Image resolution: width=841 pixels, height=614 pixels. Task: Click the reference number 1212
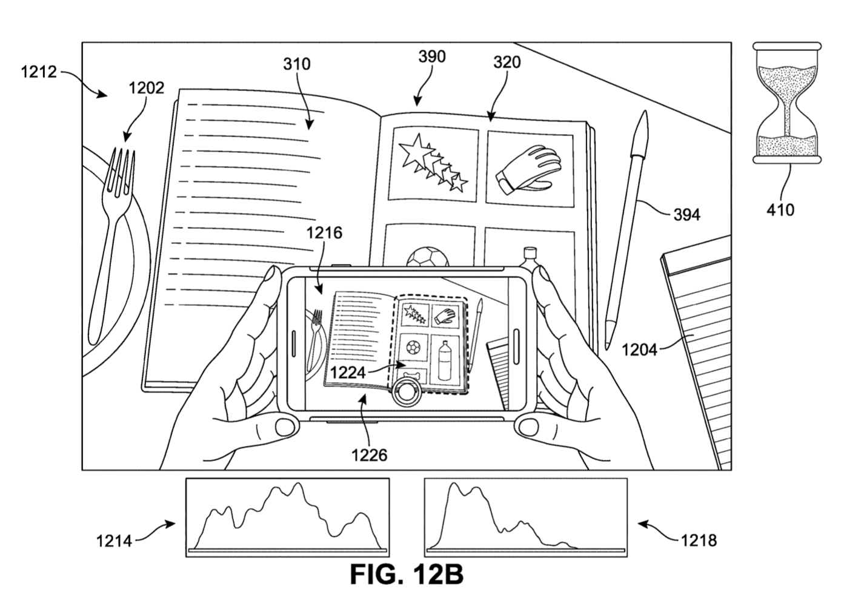pos(39,72)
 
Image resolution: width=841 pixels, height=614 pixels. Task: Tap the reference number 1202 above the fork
pos(147,88)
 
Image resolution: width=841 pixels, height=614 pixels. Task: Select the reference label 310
pos(297,64)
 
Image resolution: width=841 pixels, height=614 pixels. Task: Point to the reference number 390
pos(432,56)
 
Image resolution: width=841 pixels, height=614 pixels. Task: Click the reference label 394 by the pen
pos(686,215)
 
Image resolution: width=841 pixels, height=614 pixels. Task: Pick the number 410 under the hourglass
pos(780,210)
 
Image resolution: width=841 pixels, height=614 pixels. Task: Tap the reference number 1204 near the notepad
pos(640,349)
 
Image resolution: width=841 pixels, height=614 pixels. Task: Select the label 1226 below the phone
pos(369,455)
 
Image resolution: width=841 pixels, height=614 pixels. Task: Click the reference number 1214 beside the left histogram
pos(114,541)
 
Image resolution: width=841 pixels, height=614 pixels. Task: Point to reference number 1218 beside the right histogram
pos(699,541)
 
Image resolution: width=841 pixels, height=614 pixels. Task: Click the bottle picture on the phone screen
pos(445,360)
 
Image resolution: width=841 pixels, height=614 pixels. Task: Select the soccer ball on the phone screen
pos(413,347)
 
